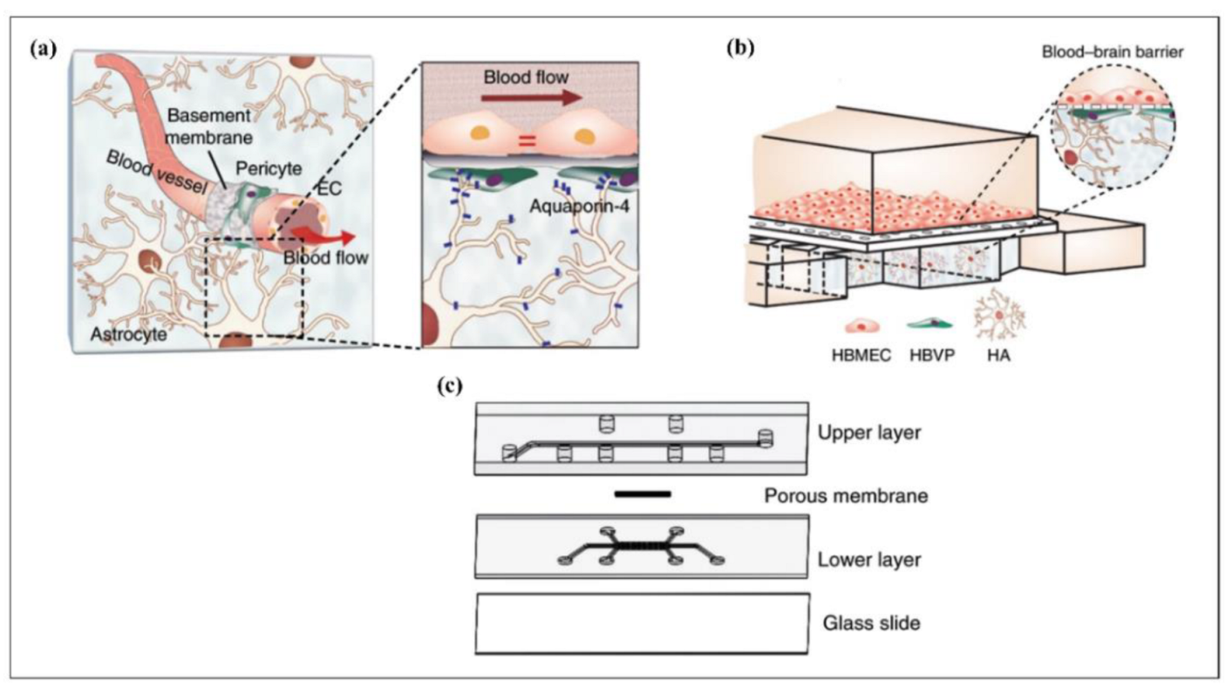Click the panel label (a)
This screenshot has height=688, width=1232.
coord(43,50)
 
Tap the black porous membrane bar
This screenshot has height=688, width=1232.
coord(642,494)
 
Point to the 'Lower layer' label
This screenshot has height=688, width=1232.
coord(868,560)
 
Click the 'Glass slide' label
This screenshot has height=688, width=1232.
coord(868,623)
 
